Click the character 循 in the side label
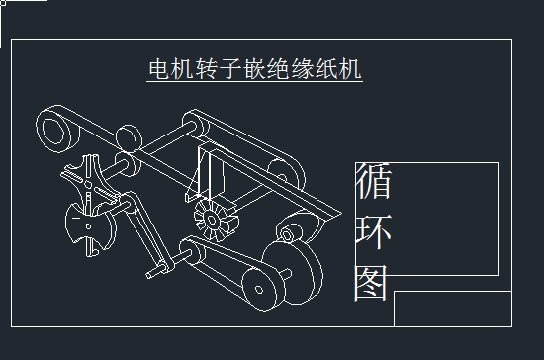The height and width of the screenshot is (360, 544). pyautogui.click(x=373, y=184)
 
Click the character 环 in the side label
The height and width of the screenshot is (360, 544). pyautogui.click(x=373, y=234)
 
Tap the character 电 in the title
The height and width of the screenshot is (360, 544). pyautogui.click(x=158, y=69)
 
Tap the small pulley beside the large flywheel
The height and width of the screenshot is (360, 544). pyautogui.click(x=260, y=288)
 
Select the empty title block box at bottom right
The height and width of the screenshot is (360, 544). pyautogui.click(x=452, y=308)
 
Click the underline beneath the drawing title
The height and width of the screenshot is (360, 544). pyautogui.click(x=255, y=82)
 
